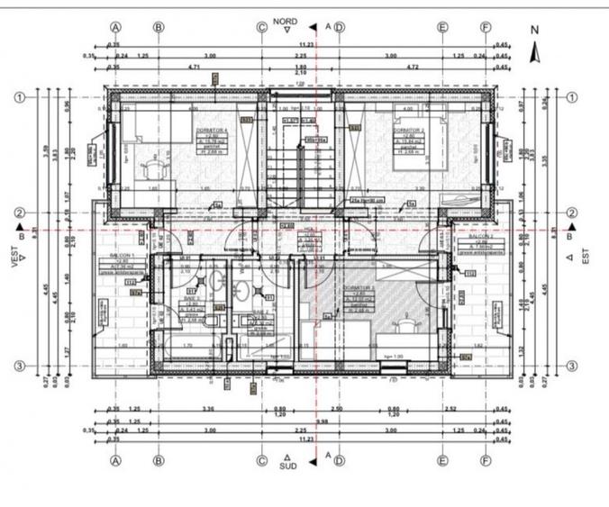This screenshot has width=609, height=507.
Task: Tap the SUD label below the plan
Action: click(287, 466)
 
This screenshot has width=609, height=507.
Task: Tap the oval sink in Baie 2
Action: click(241, 289)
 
